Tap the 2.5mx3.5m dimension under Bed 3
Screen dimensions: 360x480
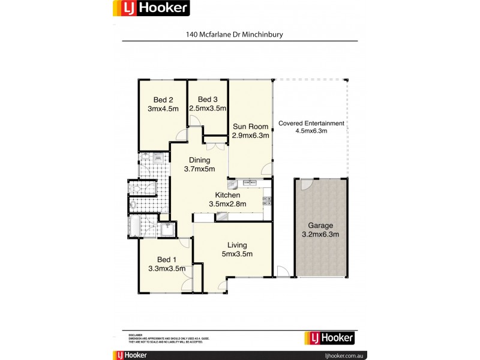(x=208, y=109)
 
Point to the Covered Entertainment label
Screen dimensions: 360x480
(x=311, y=123)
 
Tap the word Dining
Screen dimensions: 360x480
(x=200, y=160)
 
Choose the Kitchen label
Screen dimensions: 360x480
(x=228, y=195)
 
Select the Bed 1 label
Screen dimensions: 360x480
(x=166, y=260)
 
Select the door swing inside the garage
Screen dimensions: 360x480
(x=305, y=185)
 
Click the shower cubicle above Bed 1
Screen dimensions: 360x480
(x=167, y=229)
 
